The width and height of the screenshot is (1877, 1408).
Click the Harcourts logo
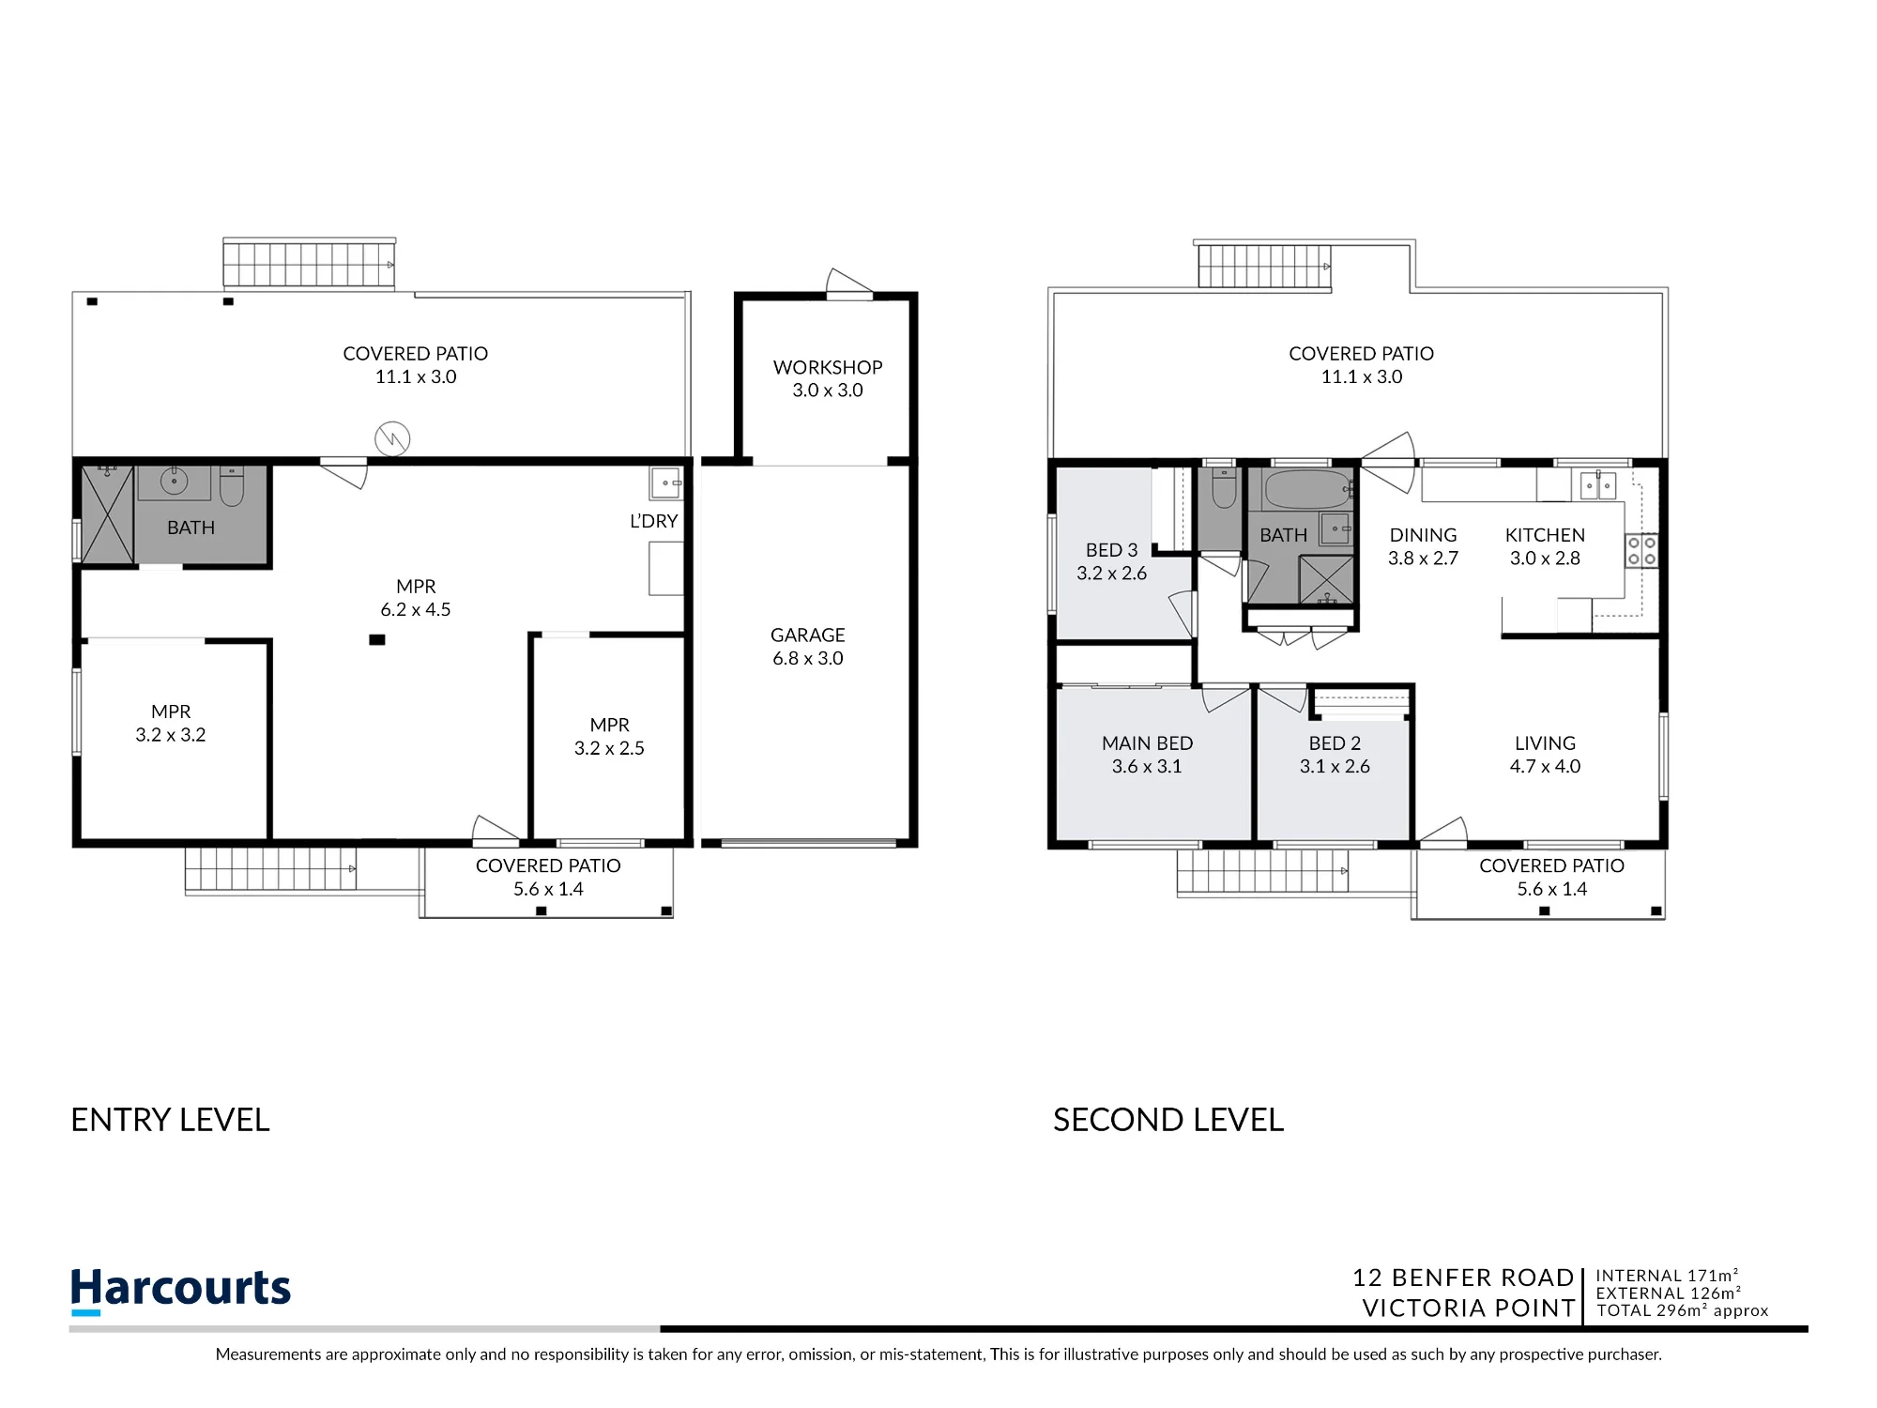[180, 1290]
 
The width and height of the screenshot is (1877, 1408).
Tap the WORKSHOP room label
[828, 367]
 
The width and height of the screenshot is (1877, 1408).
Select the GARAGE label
[808, 635]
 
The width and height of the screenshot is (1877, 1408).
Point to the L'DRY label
[653, 521]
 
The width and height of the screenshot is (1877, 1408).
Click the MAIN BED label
[1147, 743]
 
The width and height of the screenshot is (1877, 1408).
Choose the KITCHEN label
[1545, 535]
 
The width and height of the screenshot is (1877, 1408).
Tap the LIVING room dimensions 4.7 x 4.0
[1545, 766]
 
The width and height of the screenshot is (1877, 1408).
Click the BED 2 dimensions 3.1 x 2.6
[1335, 766]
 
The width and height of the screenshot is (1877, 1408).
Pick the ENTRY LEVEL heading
[170, 1120]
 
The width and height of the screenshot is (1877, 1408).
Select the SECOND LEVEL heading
[1168, 1120]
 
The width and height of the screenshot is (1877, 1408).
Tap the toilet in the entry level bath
[232, 485]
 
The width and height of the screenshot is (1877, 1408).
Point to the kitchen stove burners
[1641, 551]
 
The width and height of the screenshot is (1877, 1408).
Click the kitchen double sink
[1598, 485]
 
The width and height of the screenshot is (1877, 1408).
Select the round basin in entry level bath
[174, 482]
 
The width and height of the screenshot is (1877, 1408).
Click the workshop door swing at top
[849, 282]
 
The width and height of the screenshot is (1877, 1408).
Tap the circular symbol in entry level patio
[392, 438]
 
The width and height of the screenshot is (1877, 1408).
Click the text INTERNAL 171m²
[1667, 1276]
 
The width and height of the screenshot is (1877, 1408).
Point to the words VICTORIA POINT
[1469, 1308]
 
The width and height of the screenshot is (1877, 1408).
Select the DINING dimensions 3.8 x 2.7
[1423, 558]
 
